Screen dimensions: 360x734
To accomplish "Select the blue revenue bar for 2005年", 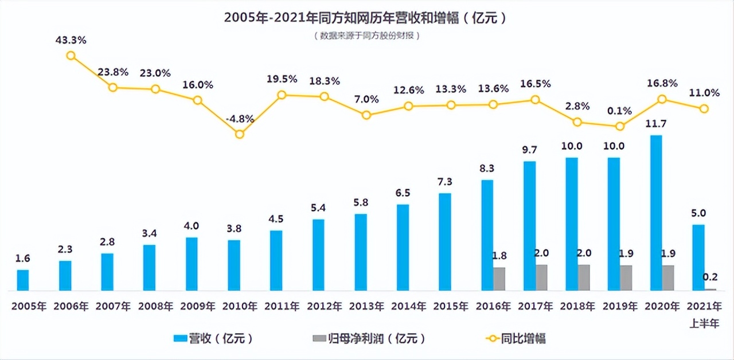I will [x=23, y=280].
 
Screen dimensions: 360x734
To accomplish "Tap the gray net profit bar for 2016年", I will [x=499, y=279].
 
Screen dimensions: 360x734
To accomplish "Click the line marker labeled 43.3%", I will [x=71, y=56].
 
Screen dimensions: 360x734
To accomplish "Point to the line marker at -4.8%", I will [x=240, y=134].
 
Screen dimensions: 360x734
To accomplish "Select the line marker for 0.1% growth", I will [x=619, y=126].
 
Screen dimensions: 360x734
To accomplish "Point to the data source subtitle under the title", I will [x=367, y=36].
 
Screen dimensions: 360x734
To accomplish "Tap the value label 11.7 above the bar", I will [x=655, y=124].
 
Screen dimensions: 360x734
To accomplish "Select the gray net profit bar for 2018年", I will [x=584, y=277].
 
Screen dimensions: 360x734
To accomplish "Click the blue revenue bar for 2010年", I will [x=234, y=265].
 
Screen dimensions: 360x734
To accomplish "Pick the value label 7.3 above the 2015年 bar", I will [x=445, y=182].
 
